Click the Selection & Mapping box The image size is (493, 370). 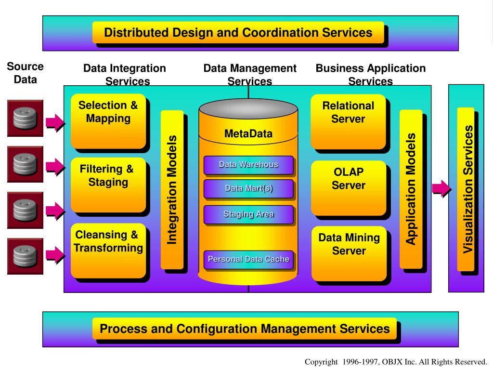pyautogui.click(x=108, y=120)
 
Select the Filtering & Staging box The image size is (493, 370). pyautogui.click(x=108, y=184)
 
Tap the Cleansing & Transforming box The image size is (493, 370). pyautogui.click(x=108, y=250)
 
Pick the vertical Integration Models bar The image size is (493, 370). pyautogui.click(x=172, y=189)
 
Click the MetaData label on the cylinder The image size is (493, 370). pyautogui.click(x=248, y=133)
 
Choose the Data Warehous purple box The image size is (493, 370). pyautogui.click(x=248, y=165)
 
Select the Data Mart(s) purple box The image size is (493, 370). pyautogui.click(x=248, y=188)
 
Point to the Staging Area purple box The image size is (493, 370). pyautogui.click(x=248, y=214)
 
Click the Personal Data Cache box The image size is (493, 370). pyautogui.click(x=248, y=260)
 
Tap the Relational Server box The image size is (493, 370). pyautogui.click(x=348, y=121)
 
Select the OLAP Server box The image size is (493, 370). pyautogui.click(x=348, y=187)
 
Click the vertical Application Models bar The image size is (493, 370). pyautogui.click(x=411, y=188)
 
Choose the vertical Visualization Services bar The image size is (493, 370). pyautogui.click(x=466, y=189)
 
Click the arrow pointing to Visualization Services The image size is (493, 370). pyautogui.click(x=441, y=188)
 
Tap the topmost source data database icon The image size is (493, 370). pyautogui.click(x=25, y=118)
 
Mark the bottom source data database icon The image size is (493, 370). pyautogui.click(x=25, y=256)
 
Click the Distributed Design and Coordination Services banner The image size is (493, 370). pyautogui.click(x=238, y=33)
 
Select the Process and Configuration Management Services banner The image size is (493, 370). pyautogui.click(x=245, y=329)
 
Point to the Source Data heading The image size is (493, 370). pyautogui.click(x=25, y=73)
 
